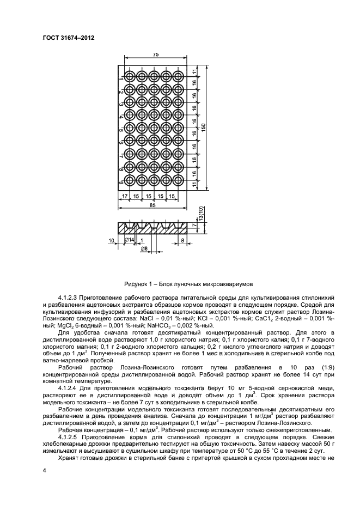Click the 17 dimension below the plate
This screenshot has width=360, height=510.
(125, 195)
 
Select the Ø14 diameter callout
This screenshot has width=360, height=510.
(130, 240)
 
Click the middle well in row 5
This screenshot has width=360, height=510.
(155, 127)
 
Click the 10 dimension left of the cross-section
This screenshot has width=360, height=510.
(112, 240)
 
